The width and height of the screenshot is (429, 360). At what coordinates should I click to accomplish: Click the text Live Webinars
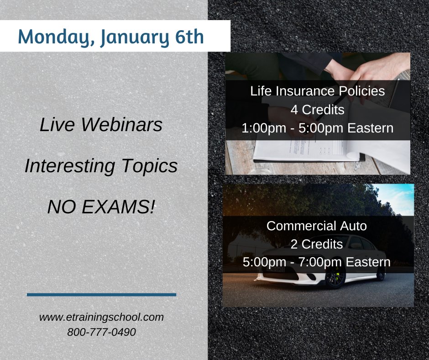(x=101, y=125)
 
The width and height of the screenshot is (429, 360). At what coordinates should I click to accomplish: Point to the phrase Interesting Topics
(x=101, y=167)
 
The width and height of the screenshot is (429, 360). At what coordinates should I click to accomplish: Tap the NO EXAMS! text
(x=101, y=208)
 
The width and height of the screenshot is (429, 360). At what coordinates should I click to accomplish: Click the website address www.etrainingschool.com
(x=101, y=317)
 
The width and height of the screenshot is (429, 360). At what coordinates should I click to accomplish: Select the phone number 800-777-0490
(x=101, y=332)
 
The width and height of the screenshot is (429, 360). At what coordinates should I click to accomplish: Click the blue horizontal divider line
(x=101, y=295)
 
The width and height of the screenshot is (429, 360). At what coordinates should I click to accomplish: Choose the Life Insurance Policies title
(x=317, y=91)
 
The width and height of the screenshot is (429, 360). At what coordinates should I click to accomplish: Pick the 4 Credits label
(x=317, y=110)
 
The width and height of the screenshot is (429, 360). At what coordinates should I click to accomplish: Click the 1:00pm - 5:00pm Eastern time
(x=317, y=128)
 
